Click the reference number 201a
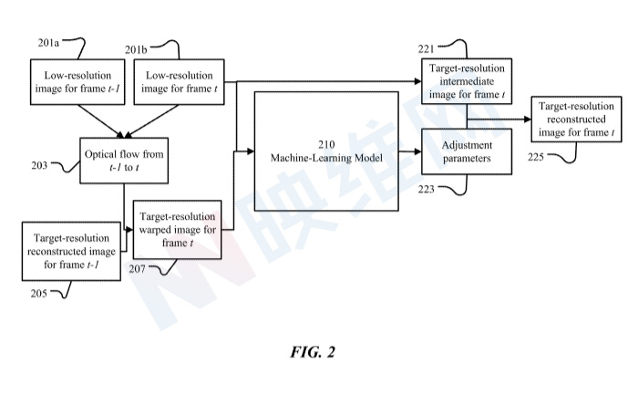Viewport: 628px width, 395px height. click(x=48, y=43)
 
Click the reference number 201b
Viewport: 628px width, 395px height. click(x=136, y=50)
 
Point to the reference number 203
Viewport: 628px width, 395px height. click(x=39, y=165)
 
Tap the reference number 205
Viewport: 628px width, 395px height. click(x=39, y=294)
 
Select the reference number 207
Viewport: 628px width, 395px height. click(x=137, y=269)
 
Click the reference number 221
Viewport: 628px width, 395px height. click(x=427, y=49)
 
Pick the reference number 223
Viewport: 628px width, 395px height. click(x=427, y=189)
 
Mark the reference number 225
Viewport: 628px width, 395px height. click(x=535, y=157)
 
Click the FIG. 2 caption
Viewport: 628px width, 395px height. click(x=313, y=352)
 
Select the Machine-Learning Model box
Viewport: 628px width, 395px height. click(x=326, y=151)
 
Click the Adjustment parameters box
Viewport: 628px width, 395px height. click(x=467, y=151)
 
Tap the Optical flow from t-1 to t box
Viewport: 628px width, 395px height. click(x=124, y=161)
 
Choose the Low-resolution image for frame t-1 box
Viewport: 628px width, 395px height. click(x=77, y=82)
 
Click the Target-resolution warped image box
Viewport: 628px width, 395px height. click(x=177, y=230)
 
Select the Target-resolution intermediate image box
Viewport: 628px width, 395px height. click(x=467, y=81)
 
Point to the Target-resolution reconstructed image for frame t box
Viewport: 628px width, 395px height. click(x=576, y=120)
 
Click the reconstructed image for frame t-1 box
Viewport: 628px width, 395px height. click(x=71, y=252)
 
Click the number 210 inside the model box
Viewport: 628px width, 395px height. click(x=326, y=144)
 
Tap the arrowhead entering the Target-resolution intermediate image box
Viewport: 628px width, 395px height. click(x=417, y=81)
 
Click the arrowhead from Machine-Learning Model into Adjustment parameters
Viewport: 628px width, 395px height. click(x=417, y=151)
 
